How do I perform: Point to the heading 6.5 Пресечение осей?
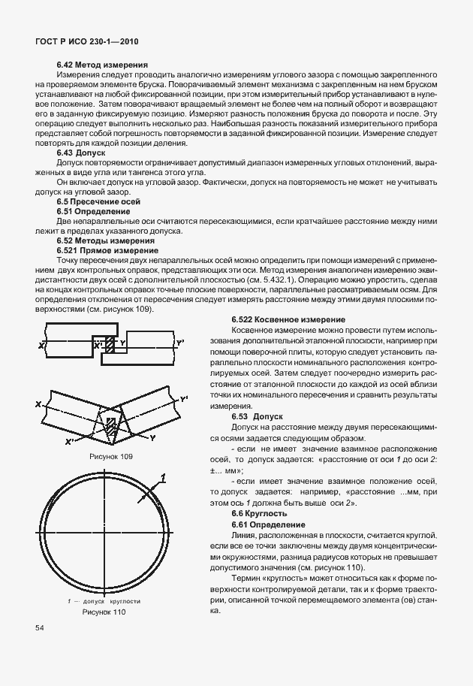(x=98, y=202)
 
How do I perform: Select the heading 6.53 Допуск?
(x=257, y=416)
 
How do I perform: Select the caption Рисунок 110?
(x=104, y=612)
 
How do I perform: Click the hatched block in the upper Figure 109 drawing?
(x=109, y=346)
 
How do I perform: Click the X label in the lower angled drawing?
(x=36, y=403)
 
